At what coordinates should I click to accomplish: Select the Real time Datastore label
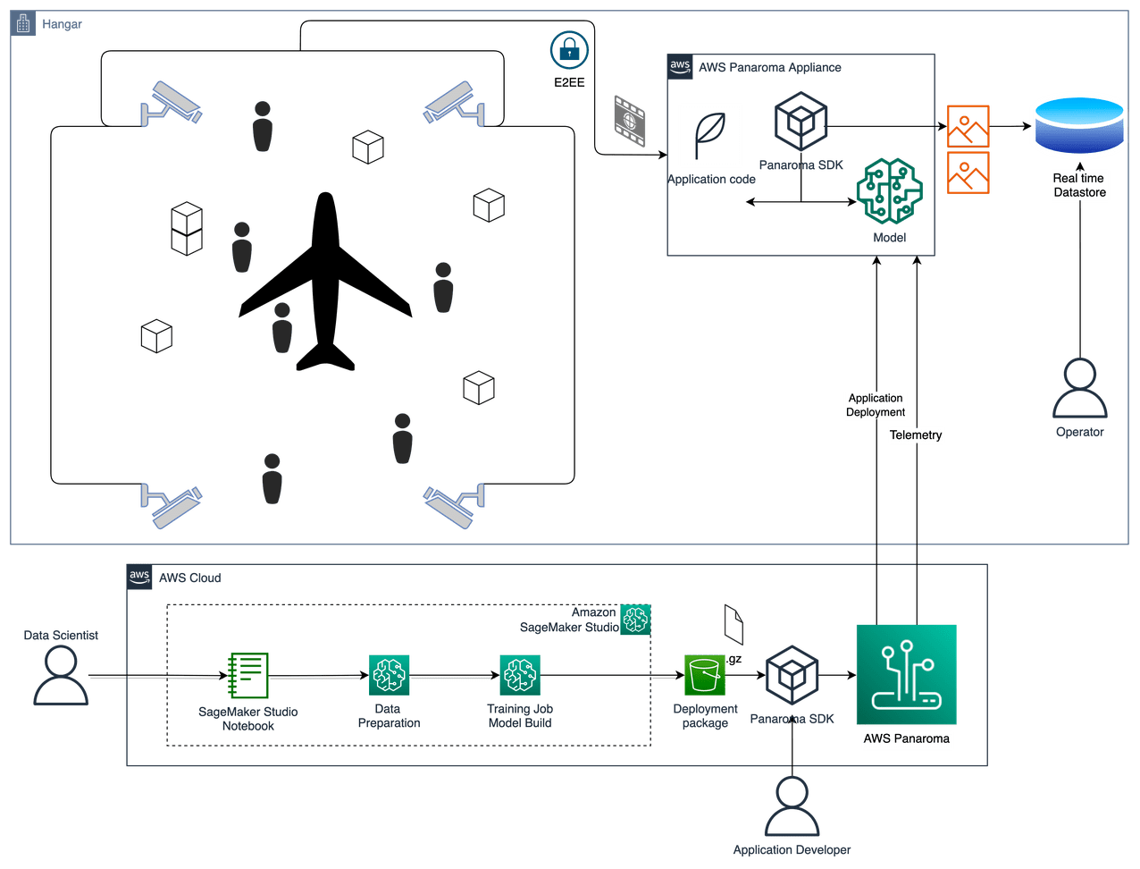1079,185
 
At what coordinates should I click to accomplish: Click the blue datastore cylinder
1077,126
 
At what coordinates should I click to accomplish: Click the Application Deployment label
876,405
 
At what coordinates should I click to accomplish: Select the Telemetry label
916,435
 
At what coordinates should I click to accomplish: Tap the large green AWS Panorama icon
906,675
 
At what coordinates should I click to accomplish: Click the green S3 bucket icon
705,676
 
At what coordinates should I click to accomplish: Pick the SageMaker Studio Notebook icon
248,675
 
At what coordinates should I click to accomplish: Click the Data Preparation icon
389,675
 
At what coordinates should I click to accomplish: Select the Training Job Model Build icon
519,675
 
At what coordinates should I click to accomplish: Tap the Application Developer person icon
792,806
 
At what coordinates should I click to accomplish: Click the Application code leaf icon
711,135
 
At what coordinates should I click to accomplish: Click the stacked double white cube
188,229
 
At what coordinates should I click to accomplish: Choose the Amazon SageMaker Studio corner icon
636,619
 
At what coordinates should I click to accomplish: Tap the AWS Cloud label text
190,578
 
